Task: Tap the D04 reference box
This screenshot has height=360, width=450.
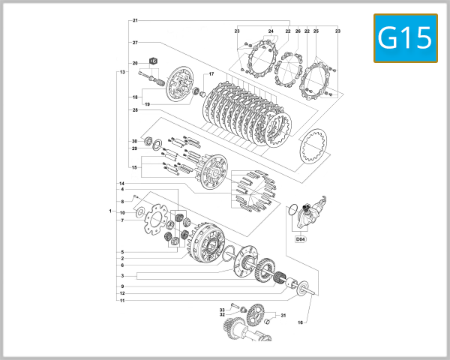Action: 301,239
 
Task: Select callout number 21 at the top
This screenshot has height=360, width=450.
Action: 135,19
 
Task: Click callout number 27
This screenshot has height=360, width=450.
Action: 135,42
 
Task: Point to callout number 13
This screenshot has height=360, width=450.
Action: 121,72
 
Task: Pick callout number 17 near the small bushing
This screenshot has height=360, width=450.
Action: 211,74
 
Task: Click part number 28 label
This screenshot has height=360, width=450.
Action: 135,110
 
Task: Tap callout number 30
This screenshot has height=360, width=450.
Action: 135,141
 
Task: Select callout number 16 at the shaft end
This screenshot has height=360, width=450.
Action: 300,322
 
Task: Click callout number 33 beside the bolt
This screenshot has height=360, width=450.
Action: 222,309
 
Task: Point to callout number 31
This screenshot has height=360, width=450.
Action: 283,316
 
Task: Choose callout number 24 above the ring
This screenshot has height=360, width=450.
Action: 271,31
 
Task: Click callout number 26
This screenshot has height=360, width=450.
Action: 298,31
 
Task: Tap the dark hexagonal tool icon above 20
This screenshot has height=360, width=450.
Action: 152,59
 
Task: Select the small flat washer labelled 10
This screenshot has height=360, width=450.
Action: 139,214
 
